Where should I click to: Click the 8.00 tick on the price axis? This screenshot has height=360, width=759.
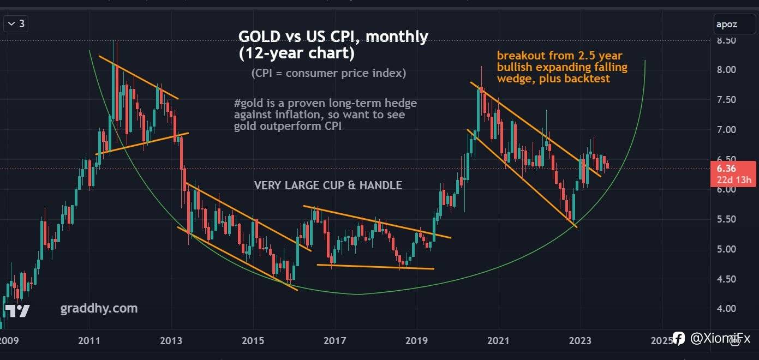pos(727,70)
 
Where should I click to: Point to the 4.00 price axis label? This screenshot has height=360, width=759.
pos(727,309)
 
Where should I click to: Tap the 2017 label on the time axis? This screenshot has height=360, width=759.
pos(334,341)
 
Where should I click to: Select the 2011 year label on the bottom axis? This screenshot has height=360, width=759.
pos(89,341)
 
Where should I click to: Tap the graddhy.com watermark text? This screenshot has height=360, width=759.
pos(99,309)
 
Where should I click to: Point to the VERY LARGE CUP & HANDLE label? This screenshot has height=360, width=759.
pos(328,185)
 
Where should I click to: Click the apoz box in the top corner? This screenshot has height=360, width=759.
pos(727,24)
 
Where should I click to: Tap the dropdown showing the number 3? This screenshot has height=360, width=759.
pos(16,24)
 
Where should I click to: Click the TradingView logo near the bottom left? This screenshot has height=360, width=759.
pos(17,311)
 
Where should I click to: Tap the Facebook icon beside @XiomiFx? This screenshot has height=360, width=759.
pos(678,339)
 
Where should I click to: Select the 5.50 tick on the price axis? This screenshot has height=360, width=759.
pos(727,219)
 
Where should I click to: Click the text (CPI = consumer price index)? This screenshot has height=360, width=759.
pos(328,73)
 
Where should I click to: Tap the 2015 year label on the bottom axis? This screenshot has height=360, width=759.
pos(253,341)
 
